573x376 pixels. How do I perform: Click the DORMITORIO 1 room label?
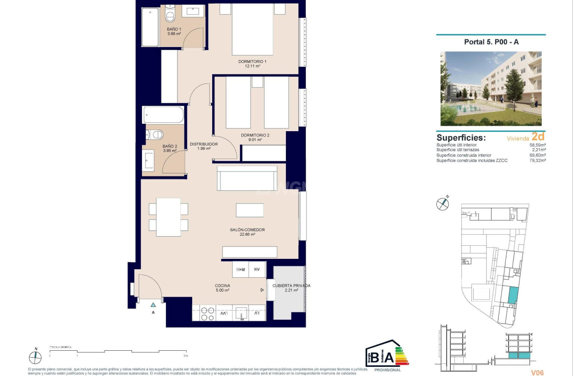252,61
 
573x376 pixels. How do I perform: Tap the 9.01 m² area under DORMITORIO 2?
255,140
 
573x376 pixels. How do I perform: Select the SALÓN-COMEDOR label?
247,230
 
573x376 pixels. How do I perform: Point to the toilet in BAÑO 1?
170,17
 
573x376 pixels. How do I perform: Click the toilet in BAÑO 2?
156,134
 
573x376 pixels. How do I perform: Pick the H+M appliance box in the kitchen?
241,270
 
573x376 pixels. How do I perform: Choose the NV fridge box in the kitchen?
257,270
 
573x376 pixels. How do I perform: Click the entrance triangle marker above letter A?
153,305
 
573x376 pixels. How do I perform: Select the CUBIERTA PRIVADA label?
291,286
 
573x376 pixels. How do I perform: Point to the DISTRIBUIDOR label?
203,144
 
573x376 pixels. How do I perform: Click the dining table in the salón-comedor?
168,217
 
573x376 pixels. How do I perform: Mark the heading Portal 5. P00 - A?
491,42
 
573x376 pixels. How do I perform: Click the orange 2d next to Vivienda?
538,137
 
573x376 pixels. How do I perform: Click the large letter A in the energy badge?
388,358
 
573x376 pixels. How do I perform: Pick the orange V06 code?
537,373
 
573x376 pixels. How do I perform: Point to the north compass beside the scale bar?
35,357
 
